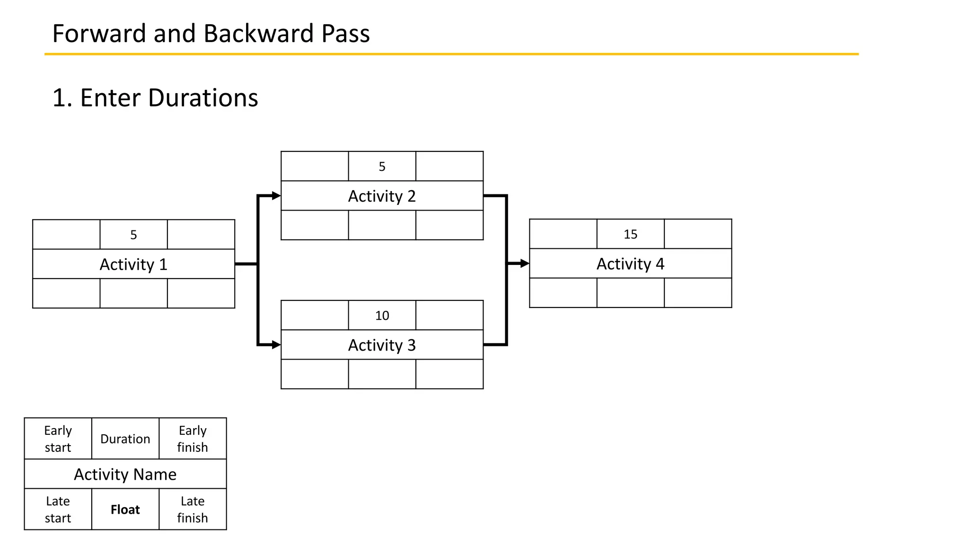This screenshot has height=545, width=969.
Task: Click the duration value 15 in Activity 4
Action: coord(630,234)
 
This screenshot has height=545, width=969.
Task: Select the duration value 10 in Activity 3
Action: coord(382,316)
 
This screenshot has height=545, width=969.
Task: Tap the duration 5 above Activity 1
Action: coord(133,235)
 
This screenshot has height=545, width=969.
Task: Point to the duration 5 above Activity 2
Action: coord(382,167)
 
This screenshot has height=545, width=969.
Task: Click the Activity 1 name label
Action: coord(133,264)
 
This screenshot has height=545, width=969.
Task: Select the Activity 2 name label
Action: coord(382,196)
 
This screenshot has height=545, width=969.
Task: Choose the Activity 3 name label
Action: coord(382,345)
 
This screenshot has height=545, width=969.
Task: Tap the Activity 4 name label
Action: coord(630,264)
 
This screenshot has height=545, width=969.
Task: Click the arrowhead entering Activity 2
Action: coord(276,195)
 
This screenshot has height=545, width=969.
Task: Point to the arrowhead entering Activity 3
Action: coord(276,345)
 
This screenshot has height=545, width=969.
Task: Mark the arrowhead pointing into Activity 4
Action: coord(524,264)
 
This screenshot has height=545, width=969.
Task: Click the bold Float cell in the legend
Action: coord(125,510)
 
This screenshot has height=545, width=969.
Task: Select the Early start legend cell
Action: coord(58,439)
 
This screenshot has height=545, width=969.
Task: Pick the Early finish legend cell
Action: coord(193,439)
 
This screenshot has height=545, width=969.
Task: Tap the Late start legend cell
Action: coord(58,510)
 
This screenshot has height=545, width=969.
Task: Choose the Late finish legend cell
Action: coord(193,510)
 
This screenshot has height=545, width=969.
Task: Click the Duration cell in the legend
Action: coord(125,439)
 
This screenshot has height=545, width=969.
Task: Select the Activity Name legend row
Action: coord(125,474)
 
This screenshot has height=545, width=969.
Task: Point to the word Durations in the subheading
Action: coord(203,98)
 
